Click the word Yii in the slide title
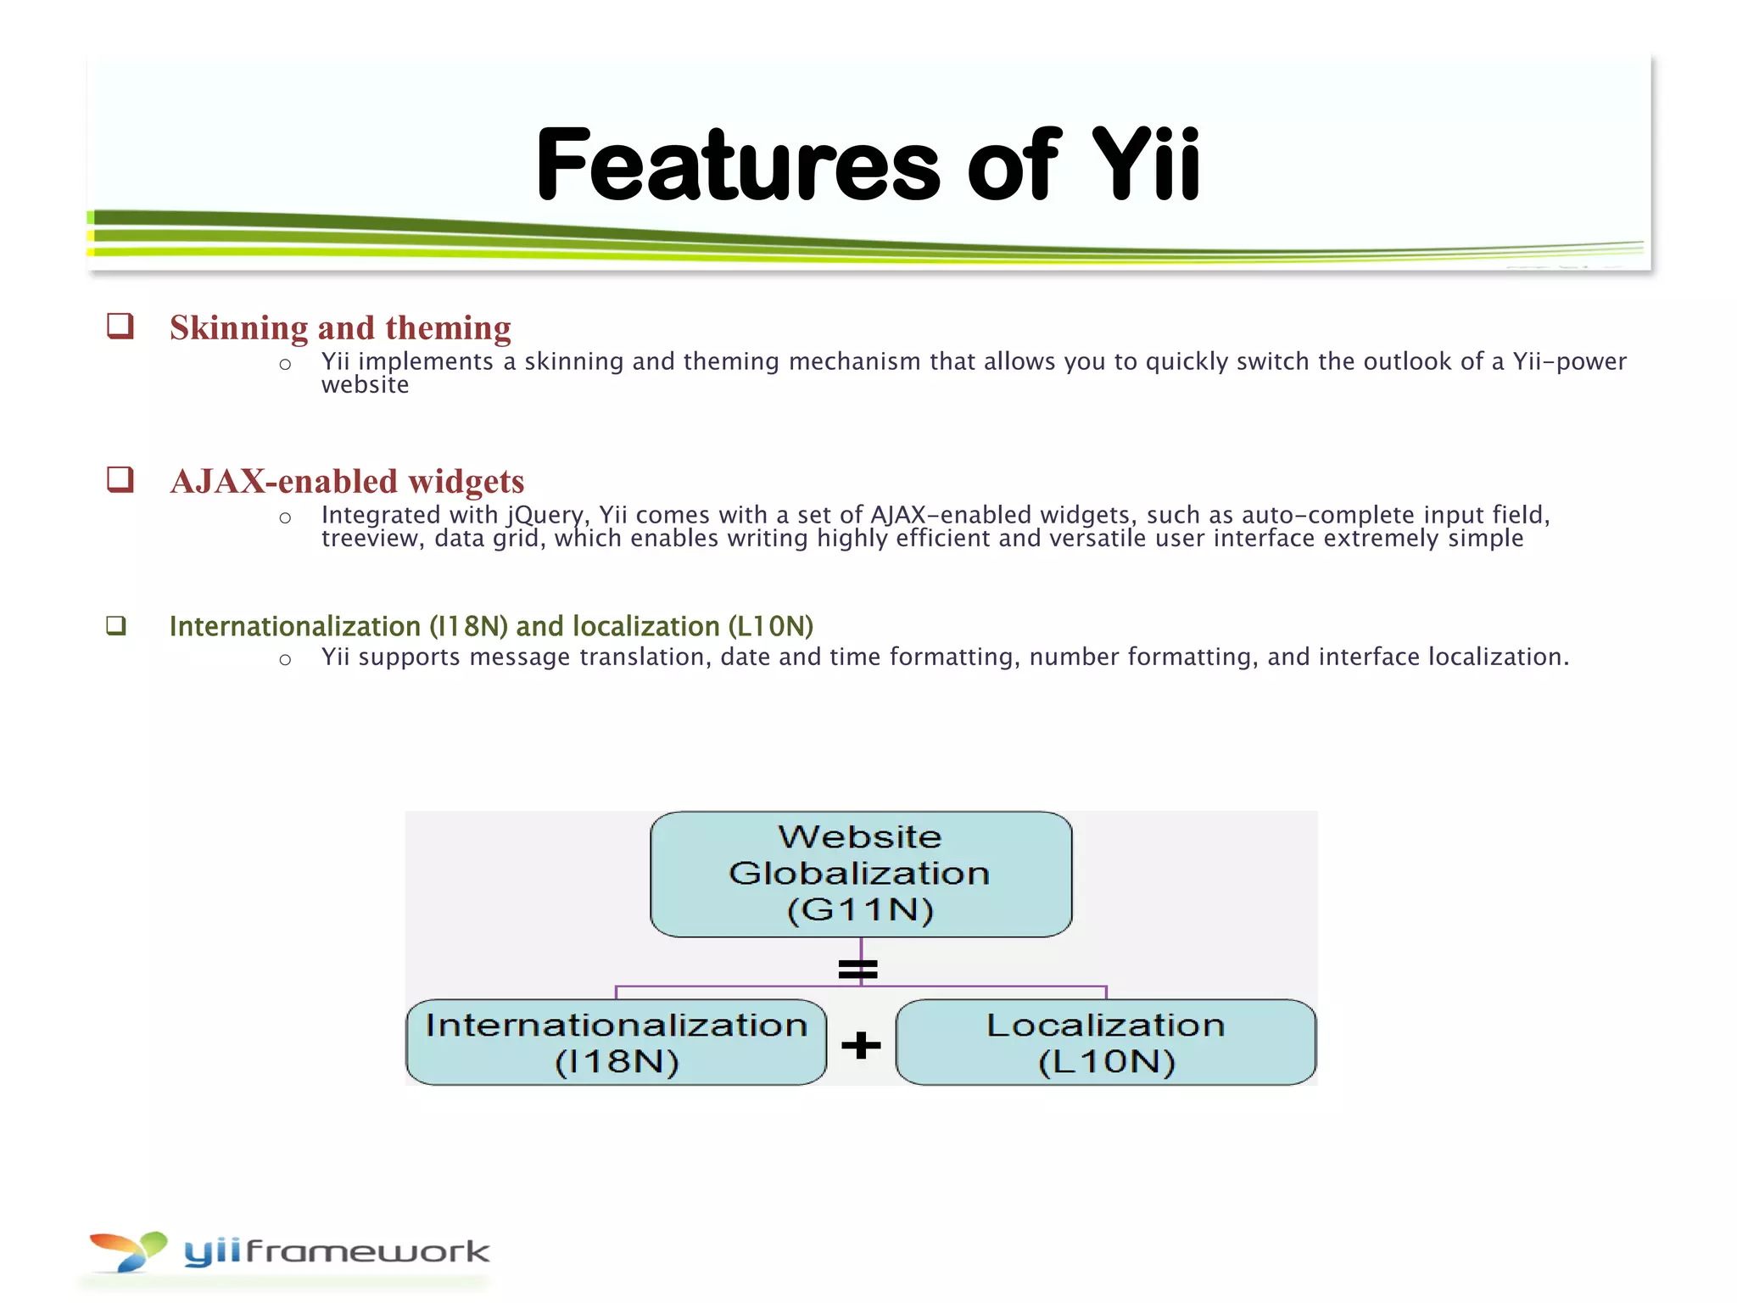coord(1145,165)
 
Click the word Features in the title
coord(738,165)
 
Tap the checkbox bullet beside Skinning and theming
coord(120,326)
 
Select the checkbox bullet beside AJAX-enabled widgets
coord(120,479)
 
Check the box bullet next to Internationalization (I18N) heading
coord(116,626)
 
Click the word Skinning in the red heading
coord(238,328)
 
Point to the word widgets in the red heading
coord(466,482)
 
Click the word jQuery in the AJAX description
coord(546,516)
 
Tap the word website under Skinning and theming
coord(365,385)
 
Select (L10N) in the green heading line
coord(770,626)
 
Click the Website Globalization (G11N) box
coord(860,874)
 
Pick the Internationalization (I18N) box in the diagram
coord(616,1042)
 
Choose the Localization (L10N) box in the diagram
coord(1105,1042)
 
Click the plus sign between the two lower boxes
coord(861,1044)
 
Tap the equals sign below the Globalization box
coord(857,969)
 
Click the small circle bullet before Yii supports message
coord(285,660)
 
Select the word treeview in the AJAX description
coord(371,539)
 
